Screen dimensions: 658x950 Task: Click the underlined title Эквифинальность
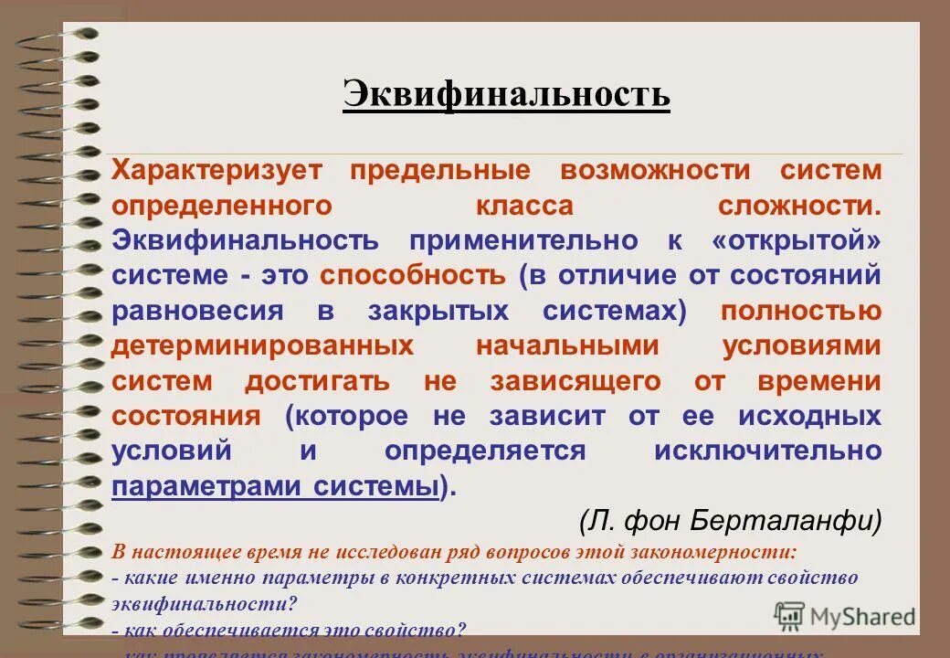(506, 93)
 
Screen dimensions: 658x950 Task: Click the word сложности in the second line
(799, 205)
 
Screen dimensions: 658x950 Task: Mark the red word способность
(412, 275)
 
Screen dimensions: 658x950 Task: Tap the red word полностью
(801, 310)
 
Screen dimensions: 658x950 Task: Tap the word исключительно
(768, 451)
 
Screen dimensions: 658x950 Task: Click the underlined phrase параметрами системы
(275, 486)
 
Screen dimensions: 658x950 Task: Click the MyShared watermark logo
(845, 616)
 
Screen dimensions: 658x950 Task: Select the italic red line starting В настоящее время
(454, 553)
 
